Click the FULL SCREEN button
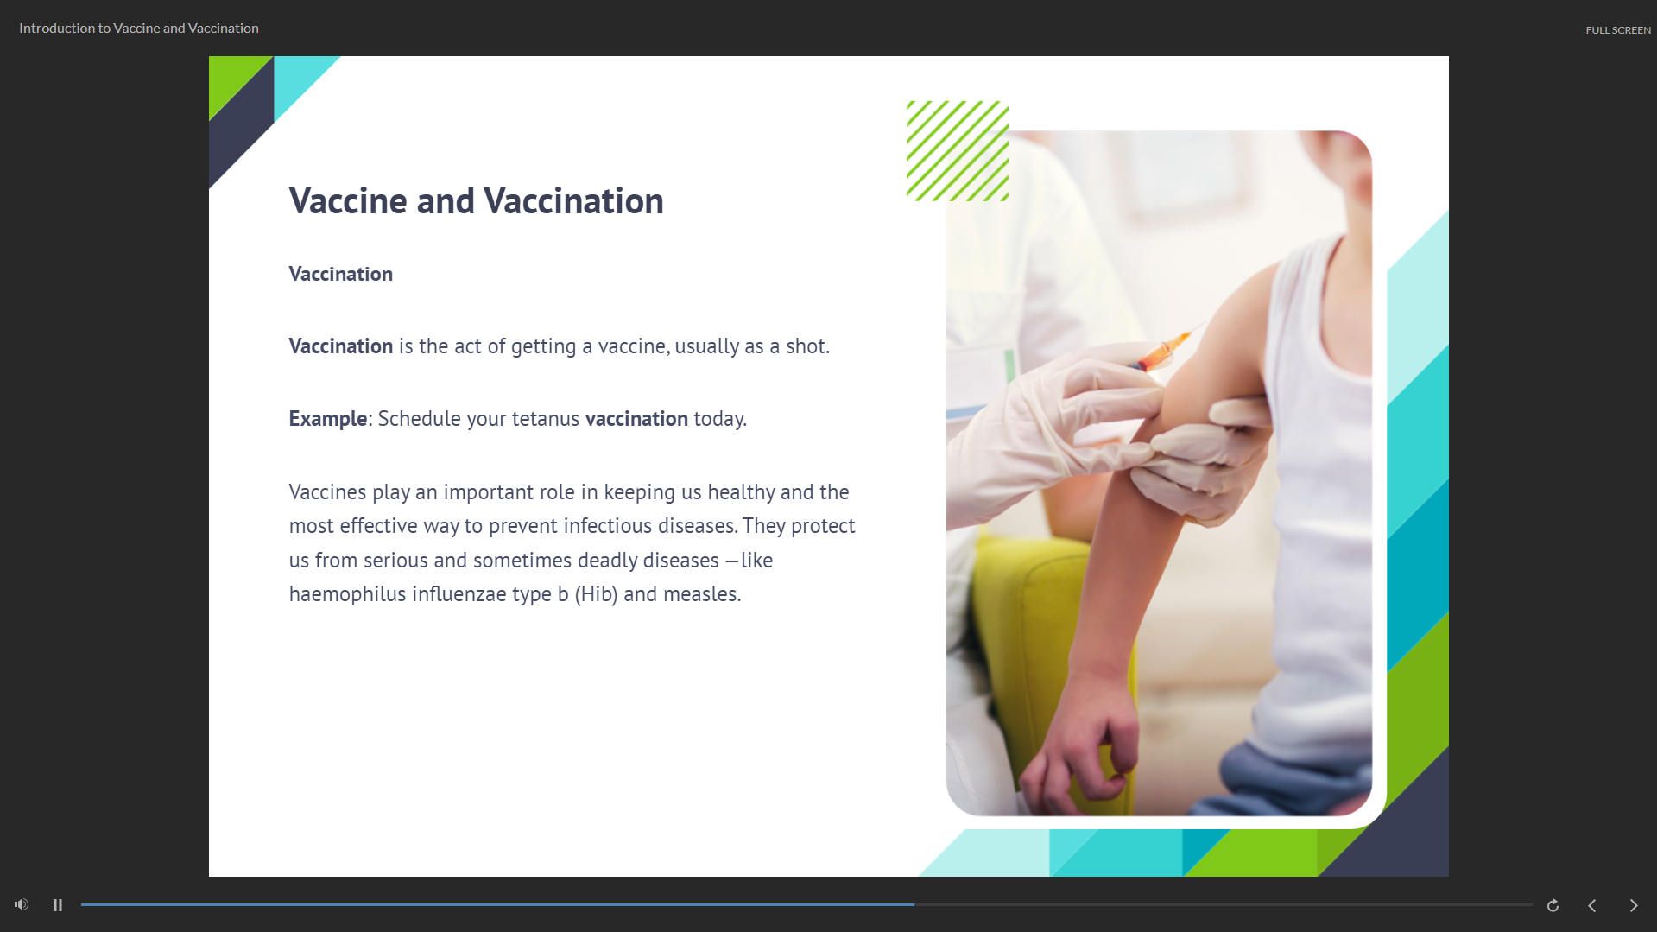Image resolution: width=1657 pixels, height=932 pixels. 1617,30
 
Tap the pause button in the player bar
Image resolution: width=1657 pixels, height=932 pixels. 58,905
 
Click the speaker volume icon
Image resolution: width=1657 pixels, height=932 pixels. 22,904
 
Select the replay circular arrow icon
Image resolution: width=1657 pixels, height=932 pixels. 1553,905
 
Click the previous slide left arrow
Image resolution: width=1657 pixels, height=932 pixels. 1592,905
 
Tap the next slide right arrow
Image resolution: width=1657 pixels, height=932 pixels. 1634,905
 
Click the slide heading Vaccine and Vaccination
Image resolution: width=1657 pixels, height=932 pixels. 476,201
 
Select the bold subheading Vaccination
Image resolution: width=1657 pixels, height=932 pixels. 340,274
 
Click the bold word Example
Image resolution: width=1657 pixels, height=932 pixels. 328,419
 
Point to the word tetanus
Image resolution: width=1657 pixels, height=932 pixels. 546,419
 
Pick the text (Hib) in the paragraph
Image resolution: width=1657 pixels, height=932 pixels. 596,594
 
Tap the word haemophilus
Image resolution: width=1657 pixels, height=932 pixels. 347,594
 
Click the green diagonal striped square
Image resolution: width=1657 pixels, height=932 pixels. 957,151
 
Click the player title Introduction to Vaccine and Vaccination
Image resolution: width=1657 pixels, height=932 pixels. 139,29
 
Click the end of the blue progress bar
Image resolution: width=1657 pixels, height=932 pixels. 914,904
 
